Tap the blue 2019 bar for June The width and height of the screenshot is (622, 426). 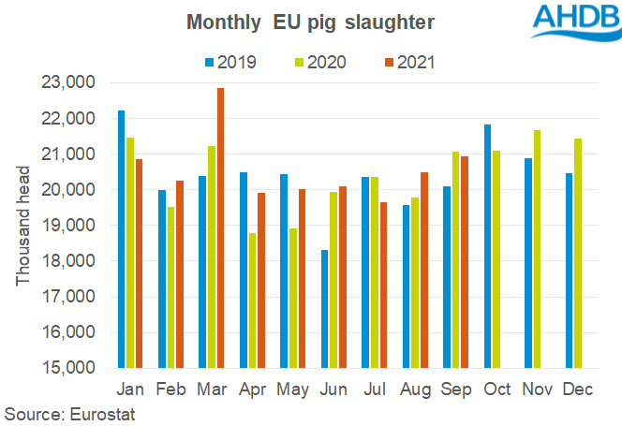(323, 309)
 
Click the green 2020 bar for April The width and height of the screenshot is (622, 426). (252, 301)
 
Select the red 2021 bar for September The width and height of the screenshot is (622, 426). (465, 262)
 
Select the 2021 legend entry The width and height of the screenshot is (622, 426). (407, 63)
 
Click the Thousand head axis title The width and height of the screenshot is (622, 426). (23, 226)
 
